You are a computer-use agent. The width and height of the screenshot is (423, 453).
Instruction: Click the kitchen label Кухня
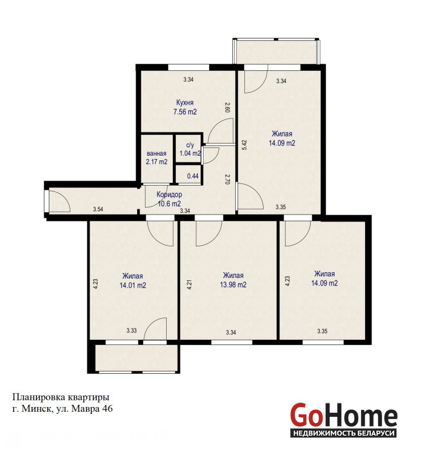[185, 102]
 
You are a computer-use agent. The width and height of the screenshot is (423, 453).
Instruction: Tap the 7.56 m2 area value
[185, 112]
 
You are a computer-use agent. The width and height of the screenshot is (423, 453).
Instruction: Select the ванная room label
[156, 153]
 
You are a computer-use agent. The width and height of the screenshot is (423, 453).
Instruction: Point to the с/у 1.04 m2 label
[190, 149]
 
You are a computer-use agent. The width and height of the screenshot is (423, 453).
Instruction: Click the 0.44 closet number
[193, 176]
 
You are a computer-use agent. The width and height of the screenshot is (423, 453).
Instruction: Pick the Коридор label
[170, 194]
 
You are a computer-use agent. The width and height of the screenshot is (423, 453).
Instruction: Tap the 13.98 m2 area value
[233, 285]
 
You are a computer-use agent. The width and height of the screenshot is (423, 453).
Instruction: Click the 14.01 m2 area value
[133, 285]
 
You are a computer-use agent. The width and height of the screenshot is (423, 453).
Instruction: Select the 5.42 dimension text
[245, 145]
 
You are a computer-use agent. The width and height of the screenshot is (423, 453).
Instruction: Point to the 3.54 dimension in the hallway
[98, 210]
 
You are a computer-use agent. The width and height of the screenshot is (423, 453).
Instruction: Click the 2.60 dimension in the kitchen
[227, 107]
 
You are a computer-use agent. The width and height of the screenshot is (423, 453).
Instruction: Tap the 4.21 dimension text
[189, 284]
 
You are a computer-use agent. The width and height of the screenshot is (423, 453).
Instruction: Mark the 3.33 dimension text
[132, 331]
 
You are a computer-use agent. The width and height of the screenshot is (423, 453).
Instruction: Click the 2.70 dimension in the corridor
[227, 179]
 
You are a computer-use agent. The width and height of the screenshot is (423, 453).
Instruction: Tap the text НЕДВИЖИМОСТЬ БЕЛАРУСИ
[344, 433]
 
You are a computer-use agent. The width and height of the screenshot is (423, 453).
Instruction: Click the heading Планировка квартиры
[61, 398]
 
